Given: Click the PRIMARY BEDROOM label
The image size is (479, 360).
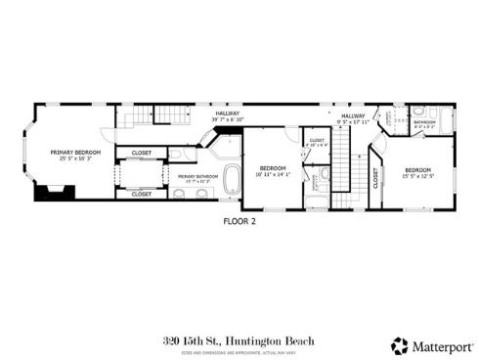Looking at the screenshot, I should (x=76, y=154).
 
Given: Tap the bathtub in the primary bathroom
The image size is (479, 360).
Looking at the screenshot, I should (x=233, y=180).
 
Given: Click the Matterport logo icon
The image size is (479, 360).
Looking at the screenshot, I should (x=400, y=345).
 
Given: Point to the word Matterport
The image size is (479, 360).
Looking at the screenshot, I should (x=439, y=345).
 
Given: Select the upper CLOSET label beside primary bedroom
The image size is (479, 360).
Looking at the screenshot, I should (x=142, y=153).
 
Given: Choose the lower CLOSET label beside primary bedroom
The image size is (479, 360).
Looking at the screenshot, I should (x=142, y=194).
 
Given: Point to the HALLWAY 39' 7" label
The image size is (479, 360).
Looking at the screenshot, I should (x=228, y=116).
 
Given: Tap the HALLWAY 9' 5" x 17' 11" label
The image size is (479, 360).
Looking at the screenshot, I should (x=353, y=118).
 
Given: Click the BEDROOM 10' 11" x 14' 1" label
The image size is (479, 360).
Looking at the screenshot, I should (x=273, y=171).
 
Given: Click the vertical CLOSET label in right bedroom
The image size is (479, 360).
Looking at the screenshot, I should (x=376, y=177).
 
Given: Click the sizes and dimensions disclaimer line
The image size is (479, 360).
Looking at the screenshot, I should (x=239, y=352).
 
